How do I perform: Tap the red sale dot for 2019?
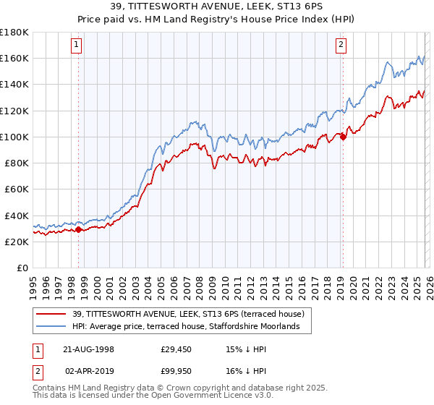pos(343,137)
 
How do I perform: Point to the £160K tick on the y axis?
pos(14,58)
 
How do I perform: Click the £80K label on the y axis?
pos(16,163)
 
